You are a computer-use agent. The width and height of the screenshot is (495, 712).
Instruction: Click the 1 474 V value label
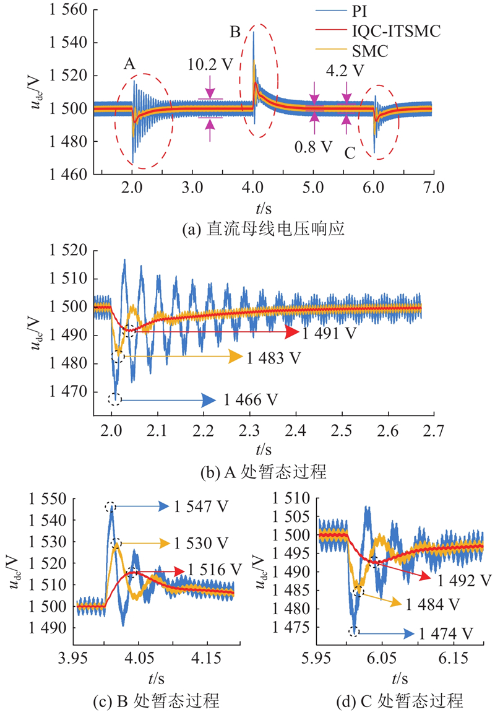coord(445,633)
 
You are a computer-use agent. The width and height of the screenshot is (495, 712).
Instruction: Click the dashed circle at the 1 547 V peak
coord(110,507)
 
